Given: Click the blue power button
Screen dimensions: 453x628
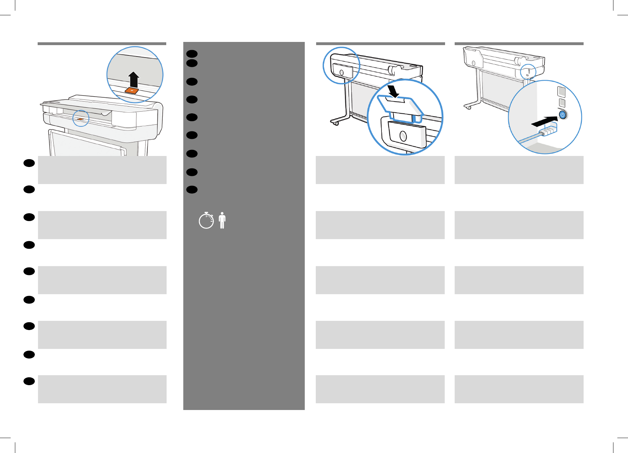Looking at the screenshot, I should click(562, 115).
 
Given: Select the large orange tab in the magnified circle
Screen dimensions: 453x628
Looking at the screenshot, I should click(132, 90).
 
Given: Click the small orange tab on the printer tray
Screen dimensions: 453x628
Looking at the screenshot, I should click(81, 119).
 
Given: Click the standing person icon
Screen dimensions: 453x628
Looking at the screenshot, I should click(222, 220).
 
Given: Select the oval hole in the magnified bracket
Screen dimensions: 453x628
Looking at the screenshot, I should click(403, 136).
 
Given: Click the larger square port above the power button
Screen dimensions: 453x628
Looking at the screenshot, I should click(562, 92).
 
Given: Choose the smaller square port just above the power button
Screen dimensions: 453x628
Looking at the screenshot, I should click(562, 103).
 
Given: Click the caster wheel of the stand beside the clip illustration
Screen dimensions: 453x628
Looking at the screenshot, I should click(336, 123).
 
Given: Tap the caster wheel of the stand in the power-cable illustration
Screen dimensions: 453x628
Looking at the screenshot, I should click(469, 107).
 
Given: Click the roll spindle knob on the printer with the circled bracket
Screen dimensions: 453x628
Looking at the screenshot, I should click(392, 70).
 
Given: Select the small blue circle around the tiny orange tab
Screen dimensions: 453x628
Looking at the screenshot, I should click(81, 118).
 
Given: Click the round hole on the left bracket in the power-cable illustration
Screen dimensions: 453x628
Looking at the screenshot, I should click(473, 63).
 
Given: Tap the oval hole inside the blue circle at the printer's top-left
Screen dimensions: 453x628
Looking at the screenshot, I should click(342, 72).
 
